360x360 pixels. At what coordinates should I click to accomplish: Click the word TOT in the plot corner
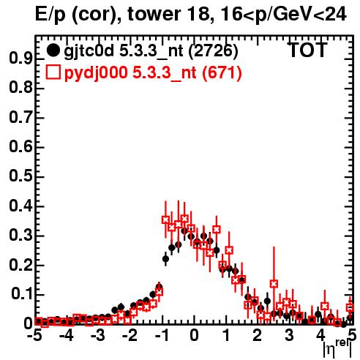pos(308,50)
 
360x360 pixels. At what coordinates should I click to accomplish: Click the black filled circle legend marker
pos(53,50)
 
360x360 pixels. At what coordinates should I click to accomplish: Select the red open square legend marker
pos(53,72)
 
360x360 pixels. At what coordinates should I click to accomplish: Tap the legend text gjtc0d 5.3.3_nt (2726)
pos(151,51)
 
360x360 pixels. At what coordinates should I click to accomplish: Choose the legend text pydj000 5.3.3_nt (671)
pos(153,73)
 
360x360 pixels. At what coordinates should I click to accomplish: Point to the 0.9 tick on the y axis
pos(20,59)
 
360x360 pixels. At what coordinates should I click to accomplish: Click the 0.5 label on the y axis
pos(20,176)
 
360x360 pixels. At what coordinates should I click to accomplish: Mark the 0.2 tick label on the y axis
pos(20,265)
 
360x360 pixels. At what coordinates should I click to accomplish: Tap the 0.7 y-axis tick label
pos(20,118)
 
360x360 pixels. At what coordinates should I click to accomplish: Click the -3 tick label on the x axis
pos(98,336)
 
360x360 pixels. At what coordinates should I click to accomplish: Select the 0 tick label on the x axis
pos(194,336)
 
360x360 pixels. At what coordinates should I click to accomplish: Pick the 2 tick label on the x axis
pos(258,336)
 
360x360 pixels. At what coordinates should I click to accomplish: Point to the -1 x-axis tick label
pos(162,336)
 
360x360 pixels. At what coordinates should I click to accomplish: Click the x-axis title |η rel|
pos(338,349)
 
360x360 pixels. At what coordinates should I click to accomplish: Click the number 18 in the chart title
pos(200,15)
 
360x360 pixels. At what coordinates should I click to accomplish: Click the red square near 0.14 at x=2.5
pos(274,284)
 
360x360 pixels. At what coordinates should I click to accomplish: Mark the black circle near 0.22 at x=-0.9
pos(165,259)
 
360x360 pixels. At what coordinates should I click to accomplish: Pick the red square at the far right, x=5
pos(350,307)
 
